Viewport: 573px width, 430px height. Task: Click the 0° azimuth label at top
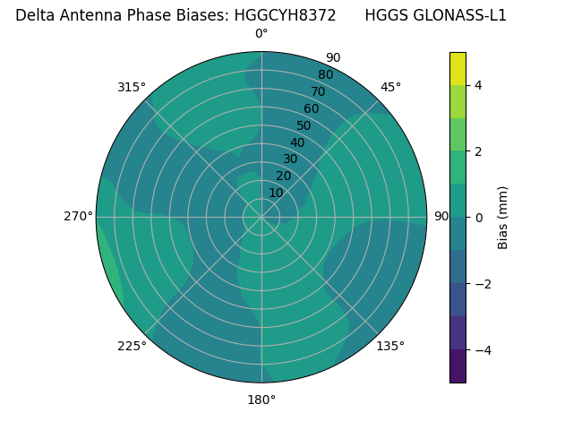(261, 34)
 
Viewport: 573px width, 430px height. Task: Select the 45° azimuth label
(390, 87)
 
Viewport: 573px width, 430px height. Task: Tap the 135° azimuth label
(390, 346)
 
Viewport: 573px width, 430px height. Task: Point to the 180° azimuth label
(261, 400)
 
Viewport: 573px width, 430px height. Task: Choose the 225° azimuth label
(132, 346)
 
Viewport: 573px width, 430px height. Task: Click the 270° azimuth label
(78, 217)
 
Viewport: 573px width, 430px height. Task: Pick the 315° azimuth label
(132, 87)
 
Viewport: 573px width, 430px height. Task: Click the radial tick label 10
(277, 193)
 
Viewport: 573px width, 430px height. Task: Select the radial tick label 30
(290, 159)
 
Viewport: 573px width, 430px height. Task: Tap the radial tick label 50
(304, 126)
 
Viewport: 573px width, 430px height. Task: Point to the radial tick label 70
(319, 92)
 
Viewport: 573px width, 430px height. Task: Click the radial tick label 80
(325, 75)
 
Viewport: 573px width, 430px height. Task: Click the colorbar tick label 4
(478, 85)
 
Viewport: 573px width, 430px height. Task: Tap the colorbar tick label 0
(478, 218)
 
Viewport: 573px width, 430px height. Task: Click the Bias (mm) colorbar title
(503, 218)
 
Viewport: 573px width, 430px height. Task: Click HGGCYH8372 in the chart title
(285, 15)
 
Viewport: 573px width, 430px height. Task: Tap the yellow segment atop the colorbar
(458, 68)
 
